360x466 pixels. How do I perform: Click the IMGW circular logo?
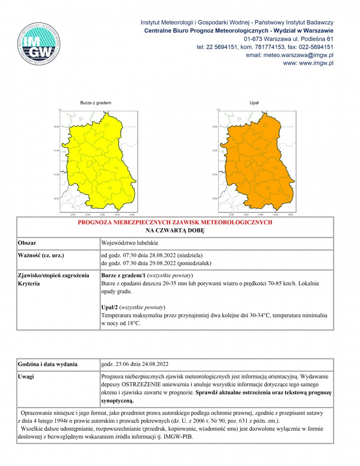[x=39, y=43]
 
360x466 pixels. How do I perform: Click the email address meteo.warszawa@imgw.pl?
[x=289, y=55]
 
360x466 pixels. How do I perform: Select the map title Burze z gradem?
[x=96, y=102]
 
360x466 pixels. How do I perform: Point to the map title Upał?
[x=254, y=102]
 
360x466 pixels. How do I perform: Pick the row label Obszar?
[x=28, y=243]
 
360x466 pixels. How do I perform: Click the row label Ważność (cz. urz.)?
[x=40, y=255]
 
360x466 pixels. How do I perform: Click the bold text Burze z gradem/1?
[x=123, y=275]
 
